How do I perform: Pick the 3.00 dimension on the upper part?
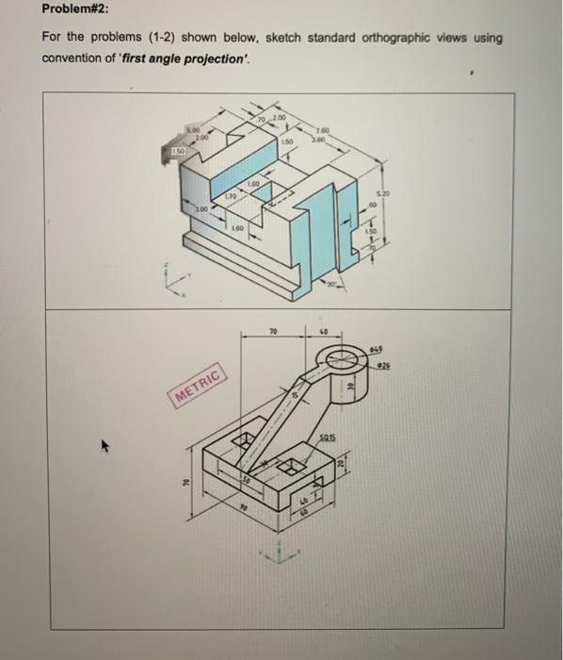coord(201,210)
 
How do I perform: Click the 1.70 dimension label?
coord(231,196)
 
